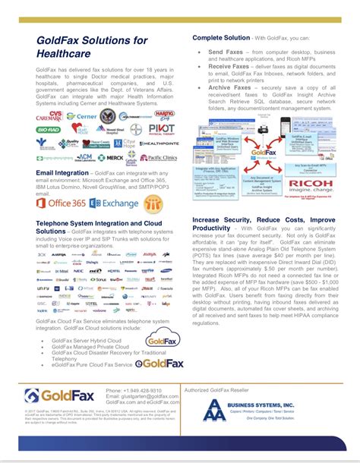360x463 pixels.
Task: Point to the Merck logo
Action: pos(114,158)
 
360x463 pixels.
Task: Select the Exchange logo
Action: pos(114,203)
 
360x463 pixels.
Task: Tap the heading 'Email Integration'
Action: pos(62,173)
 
